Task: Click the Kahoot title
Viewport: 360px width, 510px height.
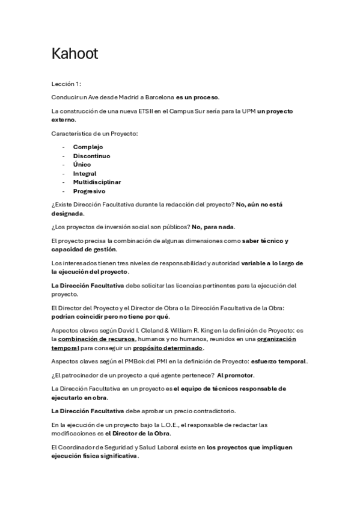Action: (x=75, y=54)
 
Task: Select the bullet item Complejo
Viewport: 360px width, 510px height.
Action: (x=88, y=147)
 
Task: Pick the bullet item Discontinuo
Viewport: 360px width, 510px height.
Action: (x=91, y=156)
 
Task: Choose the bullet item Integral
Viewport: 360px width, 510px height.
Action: (x=85, y=174)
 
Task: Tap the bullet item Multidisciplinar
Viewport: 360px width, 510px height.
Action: (x=97, y=182)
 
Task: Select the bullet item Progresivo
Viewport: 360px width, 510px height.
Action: (x=89, y=191)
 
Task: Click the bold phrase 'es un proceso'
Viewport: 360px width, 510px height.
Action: (x=198, y=97)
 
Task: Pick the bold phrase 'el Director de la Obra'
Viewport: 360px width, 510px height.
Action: (x=138, y=434)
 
